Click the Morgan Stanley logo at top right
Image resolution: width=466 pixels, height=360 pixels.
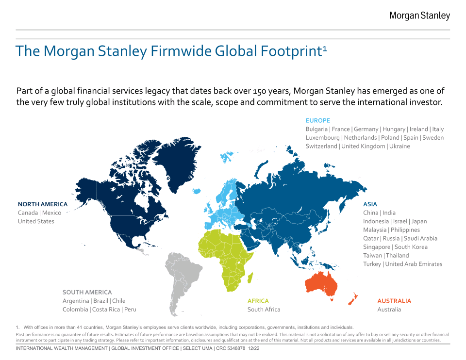pos(419,16)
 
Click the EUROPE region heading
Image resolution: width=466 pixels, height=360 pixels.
pos(317,120)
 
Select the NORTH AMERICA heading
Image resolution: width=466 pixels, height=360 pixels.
pos(43,204)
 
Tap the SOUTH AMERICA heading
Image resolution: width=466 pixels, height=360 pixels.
pos(87,293)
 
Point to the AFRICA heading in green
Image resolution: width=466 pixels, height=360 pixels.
pos(258,301)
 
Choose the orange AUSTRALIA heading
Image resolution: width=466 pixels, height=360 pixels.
pos(394,301)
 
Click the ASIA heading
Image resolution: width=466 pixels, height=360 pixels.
pos(370,204)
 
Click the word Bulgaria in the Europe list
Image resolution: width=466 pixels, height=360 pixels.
pos(317,129)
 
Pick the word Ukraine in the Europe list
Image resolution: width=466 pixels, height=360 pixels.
pos(399,146)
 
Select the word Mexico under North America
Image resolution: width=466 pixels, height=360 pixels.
pos(51,213)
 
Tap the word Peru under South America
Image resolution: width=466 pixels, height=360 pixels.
pos(130,310)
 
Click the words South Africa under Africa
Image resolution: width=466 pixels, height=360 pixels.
pos(264,310)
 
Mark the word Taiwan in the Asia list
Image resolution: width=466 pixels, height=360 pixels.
pos(372,256)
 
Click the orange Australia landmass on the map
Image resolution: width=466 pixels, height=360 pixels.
pos(321,284)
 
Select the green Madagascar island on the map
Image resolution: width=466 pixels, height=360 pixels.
pos(250,278)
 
